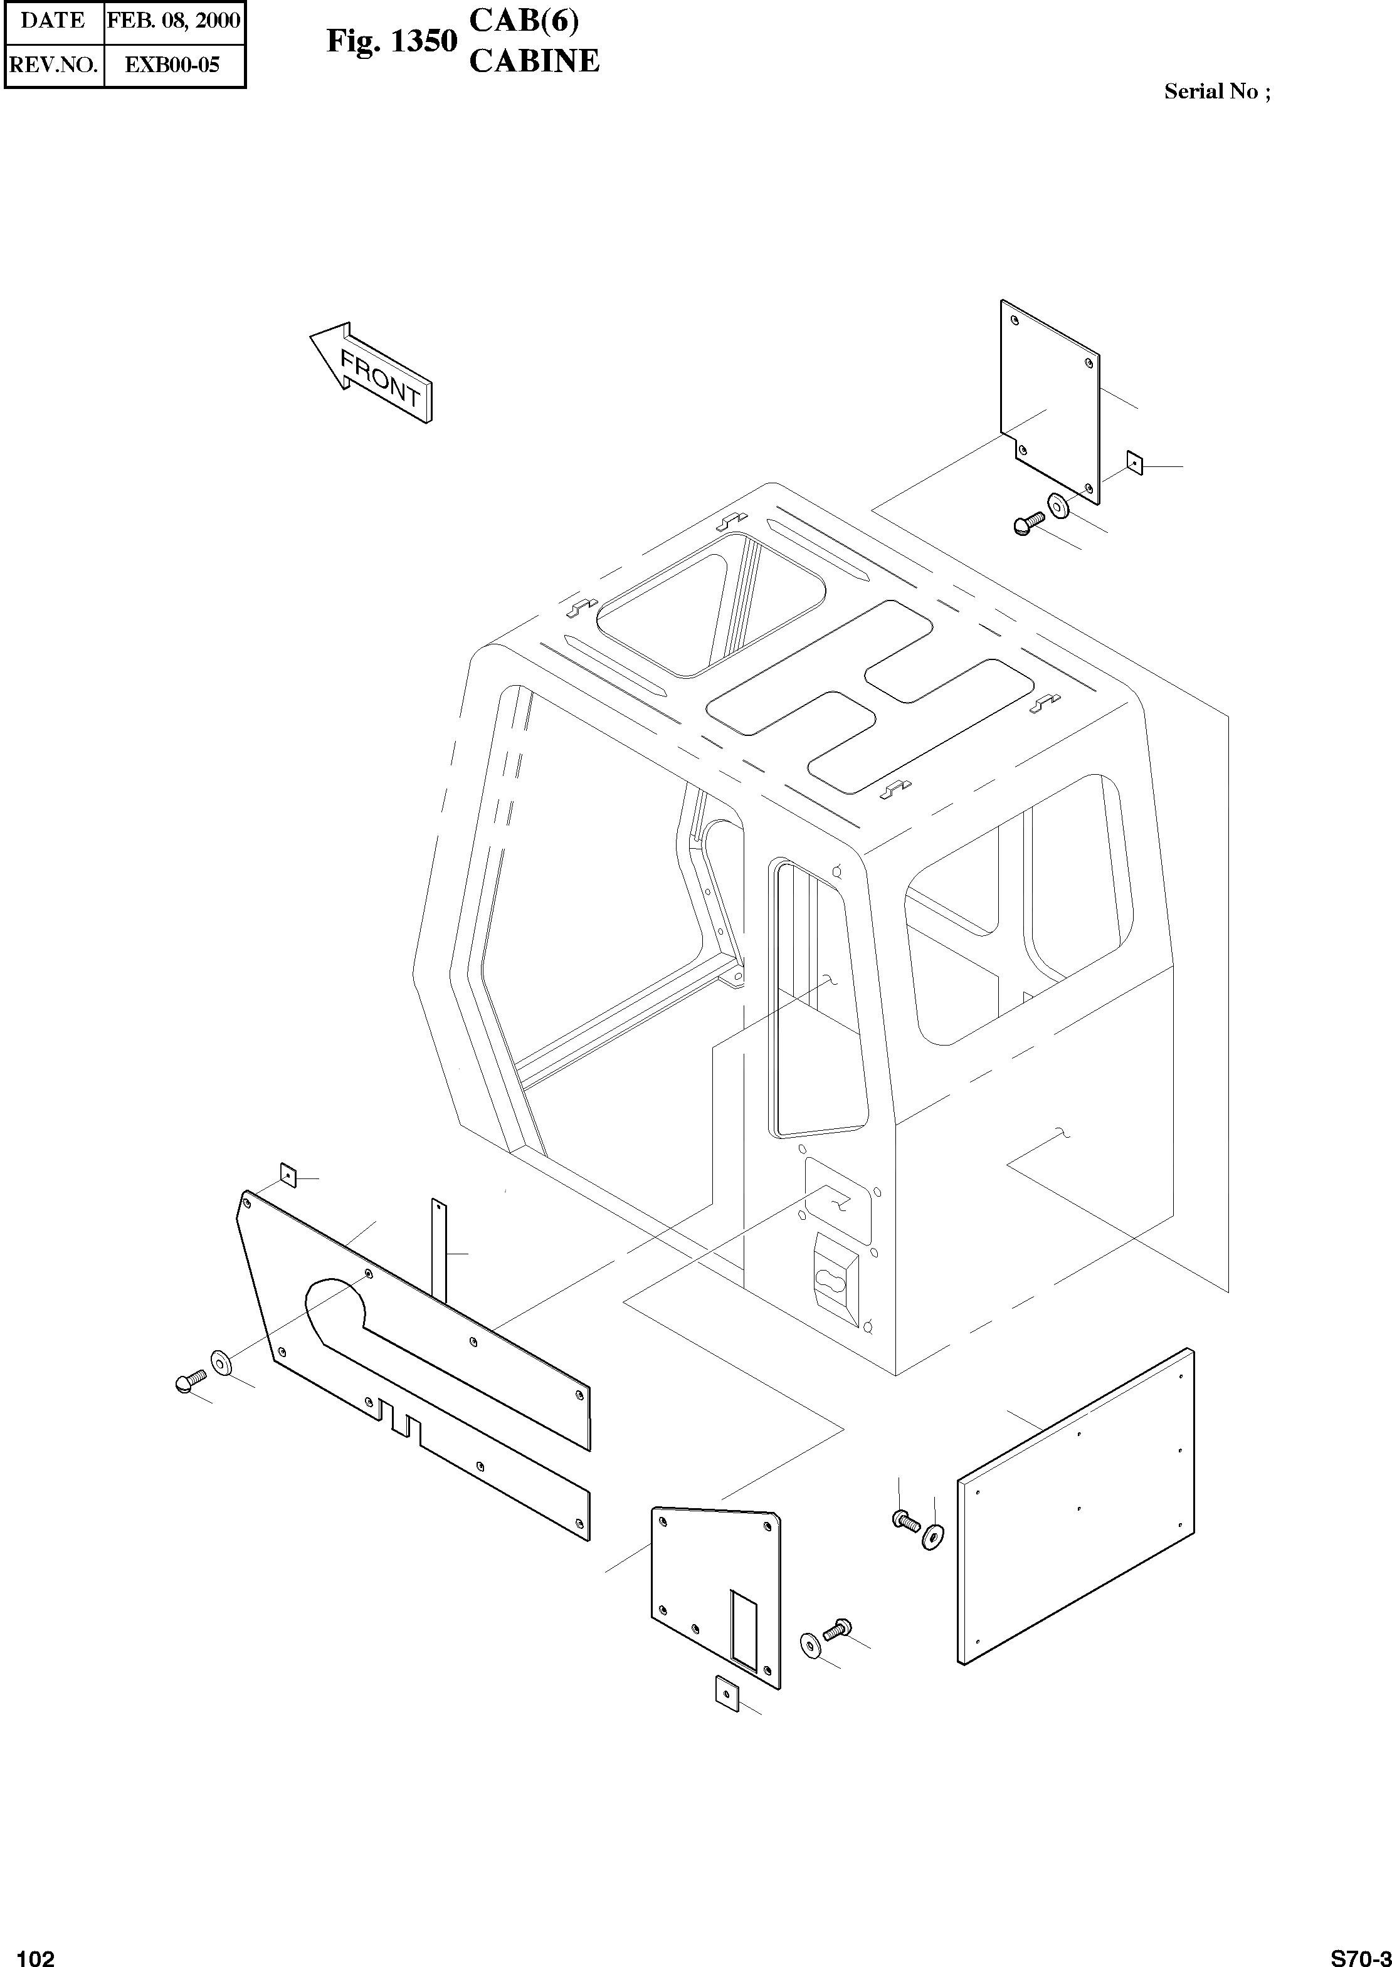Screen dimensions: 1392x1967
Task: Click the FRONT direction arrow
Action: tap(372, 374)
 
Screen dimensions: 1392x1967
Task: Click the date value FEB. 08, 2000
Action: tap(174, 21)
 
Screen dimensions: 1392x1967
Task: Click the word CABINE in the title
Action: tap(534, 61)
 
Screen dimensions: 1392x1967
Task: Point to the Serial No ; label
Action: tap(1216, 92)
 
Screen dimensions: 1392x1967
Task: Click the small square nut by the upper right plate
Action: tap(1135, 463)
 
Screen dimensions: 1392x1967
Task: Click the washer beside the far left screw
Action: tap(220, 1360)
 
